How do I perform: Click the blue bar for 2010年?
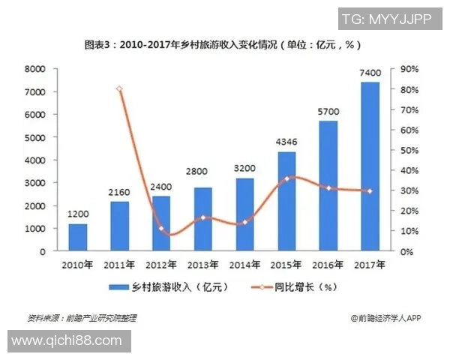(78, 237)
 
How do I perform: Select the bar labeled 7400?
(370, 166)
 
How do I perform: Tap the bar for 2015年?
(286, 201)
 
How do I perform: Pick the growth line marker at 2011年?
(120, 89)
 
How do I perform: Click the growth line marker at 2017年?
(370, 190)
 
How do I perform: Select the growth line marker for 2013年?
(203, 217)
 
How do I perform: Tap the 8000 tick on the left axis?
(35, 69)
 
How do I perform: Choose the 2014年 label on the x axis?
(244, 264)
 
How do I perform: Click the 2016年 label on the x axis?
(328, 264)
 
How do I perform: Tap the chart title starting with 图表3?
(224, 44)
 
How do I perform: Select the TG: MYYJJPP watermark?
(386, 18)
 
